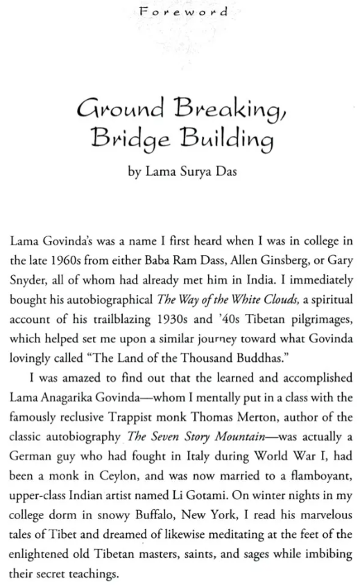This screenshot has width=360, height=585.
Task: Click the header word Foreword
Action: click(x=180, y=12)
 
